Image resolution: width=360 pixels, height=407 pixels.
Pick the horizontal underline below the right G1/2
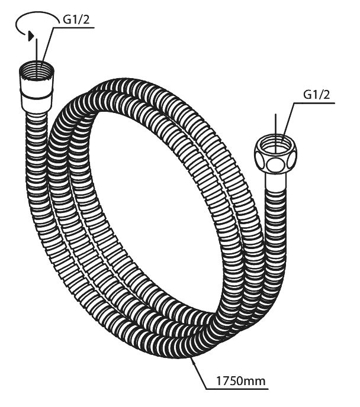coord(314,104)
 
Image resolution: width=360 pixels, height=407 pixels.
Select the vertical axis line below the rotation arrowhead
coord(37,50)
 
